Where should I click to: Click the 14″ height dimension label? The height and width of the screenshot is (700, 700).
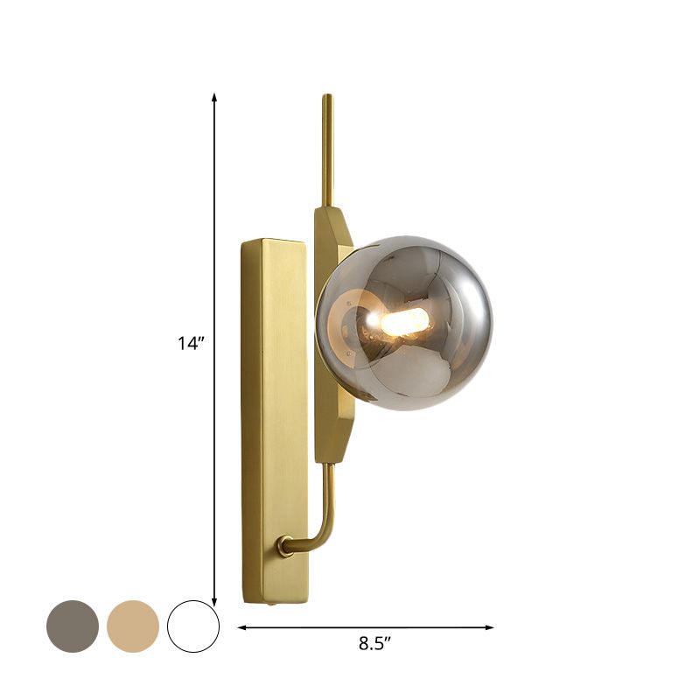coord(191,344)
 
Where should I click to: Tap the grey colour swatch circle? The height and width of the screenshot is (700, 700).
coord(73,626)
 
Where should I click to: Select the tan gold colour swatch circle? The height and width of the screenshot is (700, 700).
coord(133,626)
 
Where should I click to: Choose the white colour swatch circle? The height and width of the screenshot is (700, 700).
coord(193,626)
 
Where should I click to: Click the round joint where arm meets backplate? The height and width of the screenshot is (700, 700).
coord(284,546)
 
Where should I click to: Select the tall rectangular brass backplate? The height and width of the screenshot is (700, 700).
coord(274,420)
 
